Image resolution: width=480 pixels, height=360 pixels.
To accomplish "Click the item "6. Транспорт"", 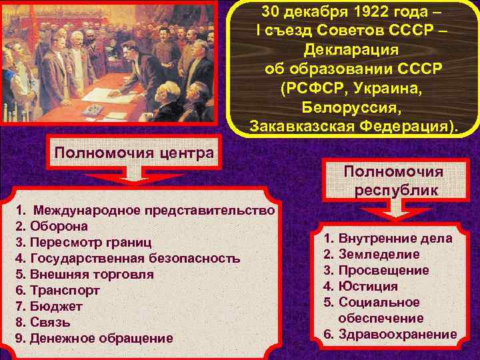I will pyautogui.click(x=57, y=290).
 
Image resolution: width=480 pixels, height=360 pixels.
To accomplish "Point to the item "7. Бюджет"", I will pyautogui.click(x=49, y=306).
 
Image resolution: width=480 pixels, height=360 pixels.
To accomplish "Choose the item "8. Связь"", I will pyautogui.click(x=45, y=322).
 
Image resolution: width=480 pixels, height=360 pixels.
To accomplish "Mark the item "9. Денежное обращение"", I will pyautogui.click(x=93, y=338).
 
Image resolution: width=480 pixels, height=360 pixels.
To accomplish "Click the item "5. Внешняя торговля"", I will pyautogui.click(x=84, y=274).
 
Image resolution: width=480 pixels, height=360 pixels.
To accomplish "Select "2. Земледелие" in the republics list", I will pyautogui.click(x=371, y=254).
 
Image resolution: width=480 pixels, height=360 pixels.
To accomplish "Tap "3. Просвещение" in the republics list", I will pyautogui.click(x=376, y=270).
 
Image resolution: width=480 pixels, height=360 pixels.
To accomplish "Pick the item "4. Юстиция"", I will pyautogui.click(x=360, y=286).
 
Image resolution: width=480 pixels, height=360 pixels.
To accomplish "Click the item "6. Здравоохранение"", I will pyautogui.click(x=390, y=334).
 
